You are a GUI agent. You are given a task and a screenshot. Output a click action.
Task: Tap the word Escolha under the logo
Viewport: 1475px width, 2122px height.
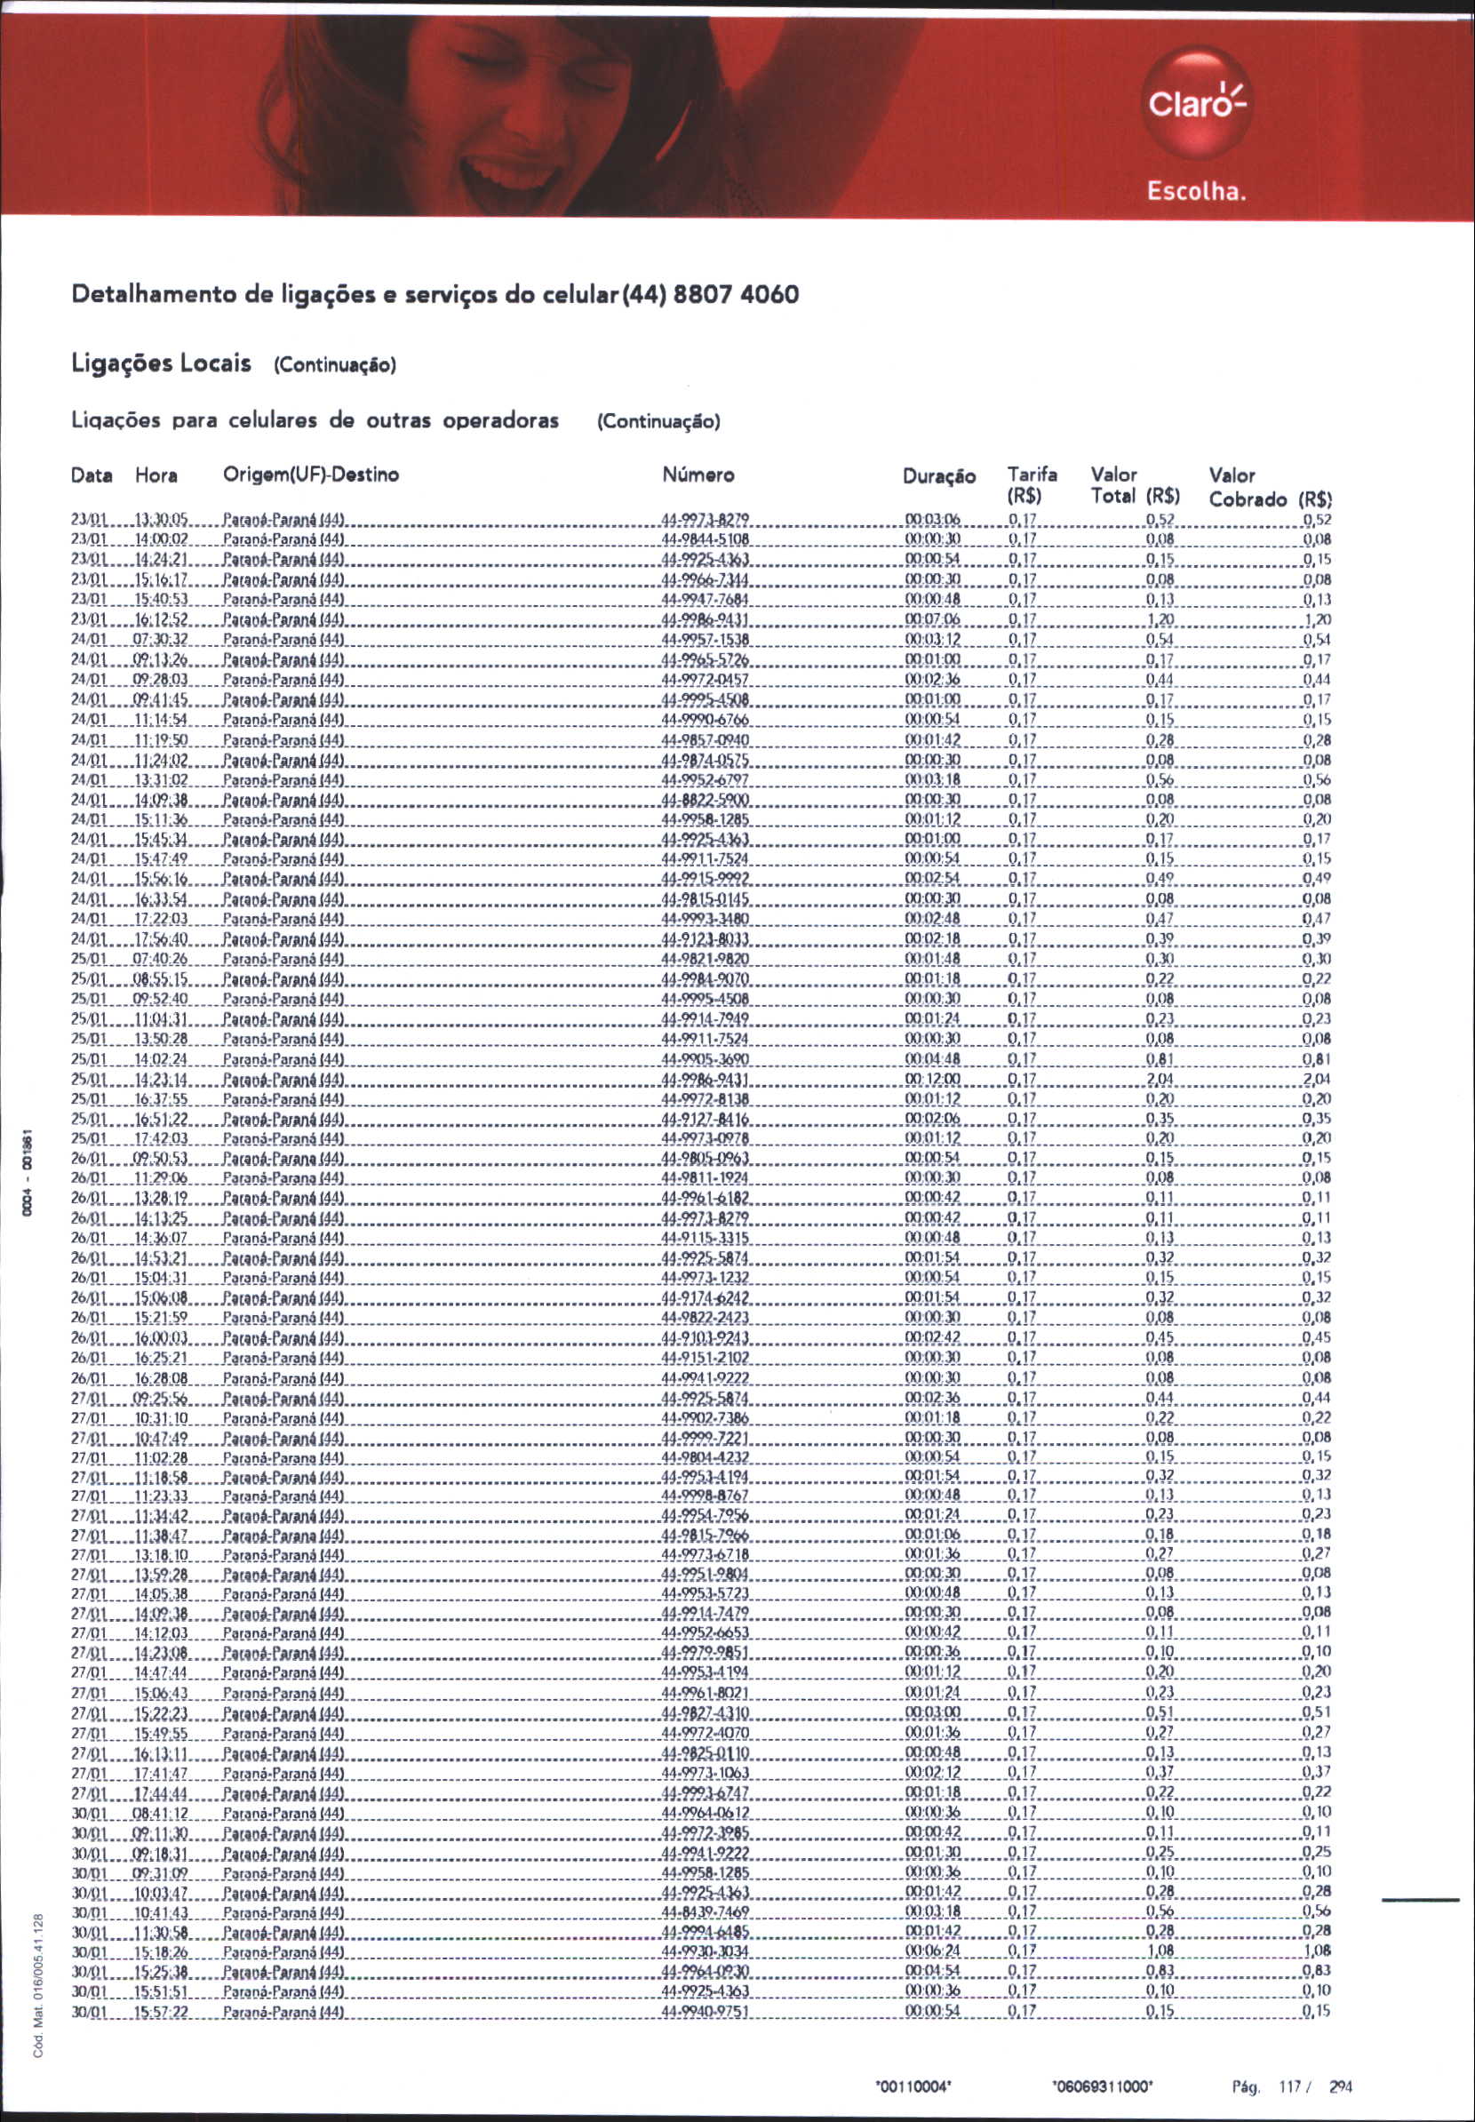(x=1197, y=193)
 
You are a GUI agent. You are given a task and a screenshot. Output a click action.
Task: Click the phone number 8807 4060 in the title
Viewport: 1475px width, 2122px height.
(x=737, y=295)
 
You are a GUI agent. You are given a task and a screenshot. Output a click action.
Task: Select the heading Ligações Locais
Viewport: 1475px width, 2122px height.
(x=162, y=363)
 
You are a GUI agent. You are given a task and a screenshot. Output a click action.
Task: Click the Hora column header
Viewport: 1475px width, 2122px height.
(x=156, y=476)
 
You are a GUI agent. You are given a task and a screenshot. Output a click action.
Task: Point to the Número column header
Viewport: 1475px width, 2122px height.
(x=698, y=476)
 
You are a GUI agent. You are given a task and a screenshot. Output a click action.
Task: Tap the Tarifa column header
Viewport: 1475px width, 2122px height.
(x=1032, y=476)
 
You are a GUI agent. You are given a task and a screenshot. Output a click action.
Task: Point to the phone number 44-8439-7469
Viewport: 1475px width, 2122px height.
(x=706, y=1911)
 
